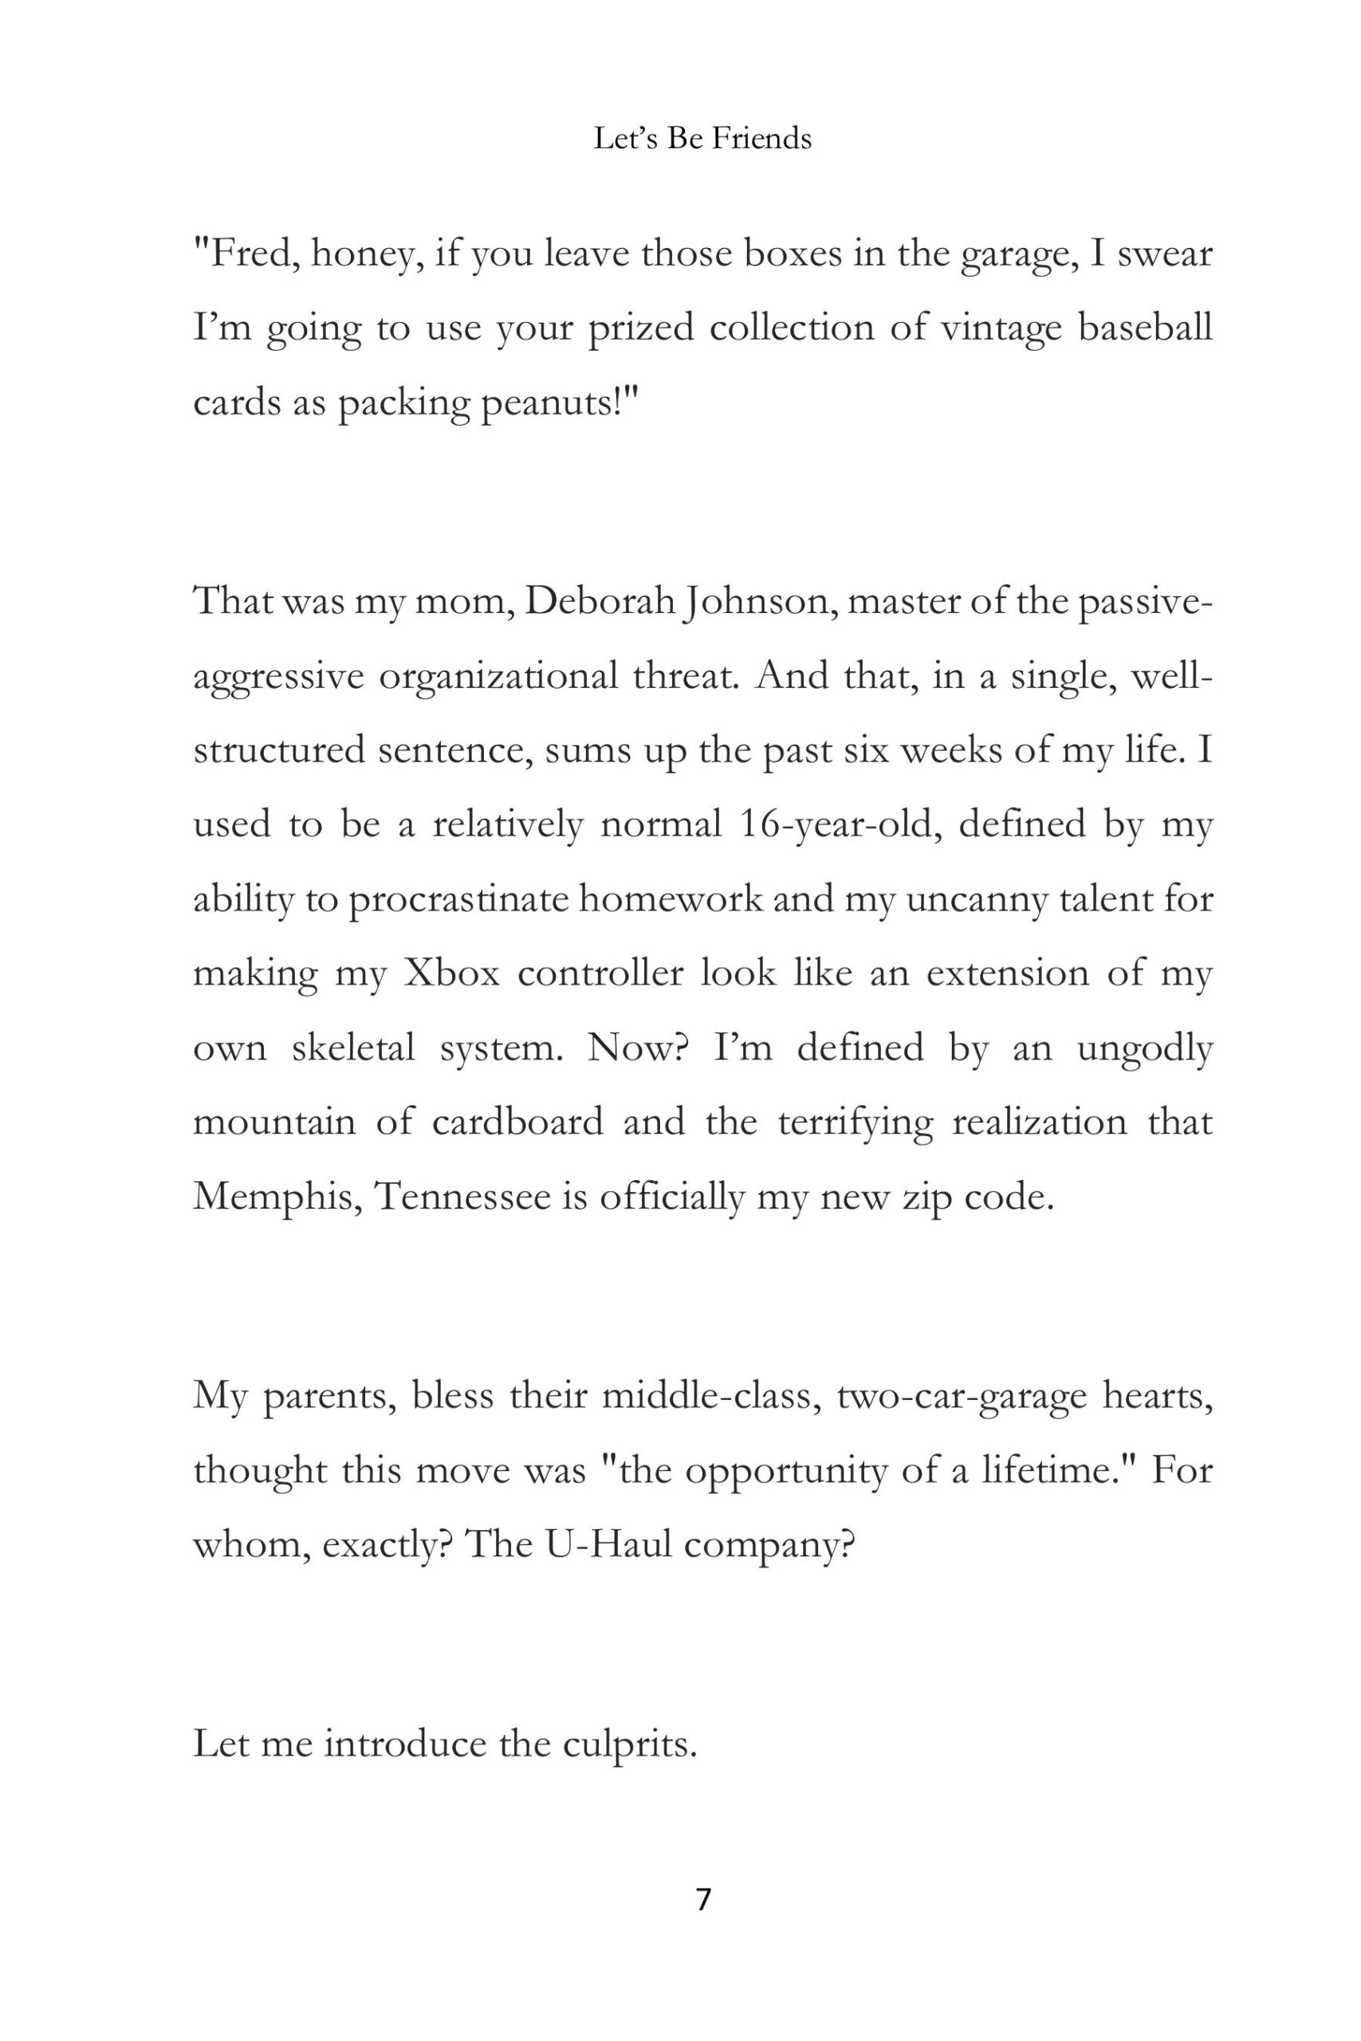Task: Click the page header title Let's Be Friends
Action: tap(702, 139)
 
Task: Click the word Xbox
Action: tap(452, 973)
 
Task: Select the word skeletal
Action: tap(353, 1048)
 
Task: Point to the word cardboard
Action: tap(517, 1122)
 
